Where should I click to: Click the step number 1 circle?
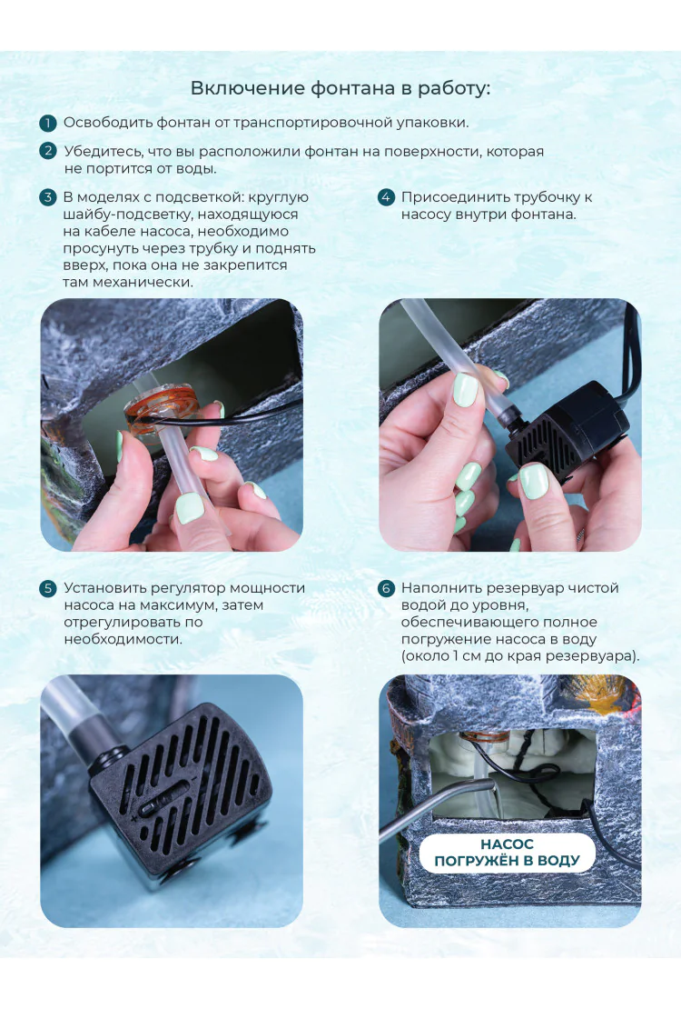pos(47,123)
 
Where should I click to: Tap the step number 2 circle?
pos(47,151)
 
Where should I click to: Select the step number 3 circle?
pos(47,197)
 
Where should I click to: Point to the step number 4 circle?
pos(386,197)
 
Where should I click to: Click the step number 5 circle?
pos(47,588)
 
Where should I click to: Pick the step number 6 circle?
pos(386,588)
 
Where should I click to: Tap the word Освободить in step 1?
pos(108,123)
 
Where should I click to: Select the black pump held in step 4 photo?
pos(566,430)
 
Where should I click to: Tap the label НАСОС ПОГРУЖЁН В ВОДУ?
pos(508,853)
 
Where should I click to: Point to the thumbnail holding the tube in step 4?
pos(465,389)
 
